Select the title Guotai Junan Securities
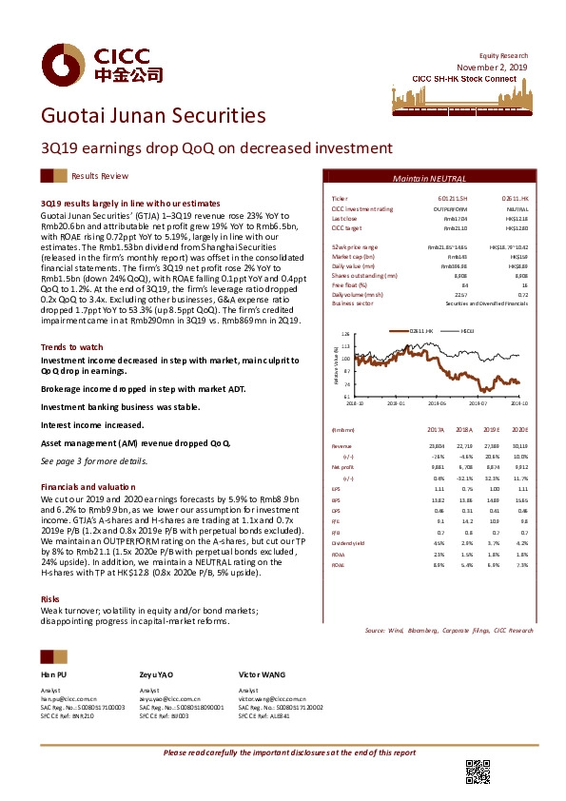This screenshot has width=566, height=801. tap(153, 116)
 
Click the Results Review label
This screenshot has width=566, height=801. tap(100, 177)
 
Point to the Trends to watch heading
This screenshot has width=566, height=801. tap(72, 348)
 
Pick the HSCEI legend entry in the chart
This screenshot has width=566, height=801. tap(467, 330)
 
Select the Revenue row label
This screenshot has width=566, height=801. tap(341, 444)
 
